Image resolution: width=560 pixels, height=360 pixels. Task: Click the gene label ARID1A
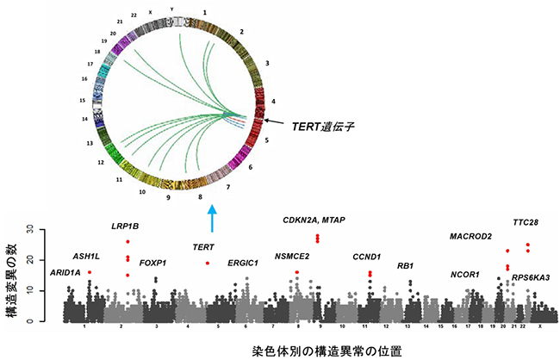pyautogui.click(x=64, y=272)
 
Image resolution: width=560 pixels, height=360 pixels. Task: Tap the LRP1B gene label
pyautogui.click(x=127, y=227)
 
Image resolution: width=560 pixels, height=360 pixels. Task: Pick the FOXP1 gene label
pyautogui.click(x=153, y=263)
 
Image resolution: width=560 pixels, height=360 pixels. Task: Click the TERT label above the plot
pyautogui.click(x=203, y=247)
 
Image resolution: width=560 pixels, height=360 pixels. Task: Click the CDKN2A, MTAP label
pyautogui.click(x=314, y=220)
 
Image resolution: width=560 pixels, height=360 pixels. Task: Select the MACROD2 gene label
pyautogui.click(x=471, y=236)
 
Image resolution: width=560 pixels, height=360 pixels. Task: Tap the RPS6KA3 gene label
pyautogui.click(x=531, y=277)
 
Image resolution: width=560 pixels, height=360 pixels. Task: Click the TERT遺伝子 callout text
pyautogui.click(x=323, y=126)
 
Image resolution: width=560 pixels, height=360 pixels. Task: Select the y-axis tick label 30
pyautogui.click(x=29, y=230)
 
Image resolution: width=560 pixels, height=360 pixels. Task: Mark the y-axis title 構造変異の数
pyautogui.click(x=10, y=275)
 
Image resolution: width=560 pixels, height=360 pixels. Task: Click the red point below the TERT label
pyautogui.click(x=208, y=263)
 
